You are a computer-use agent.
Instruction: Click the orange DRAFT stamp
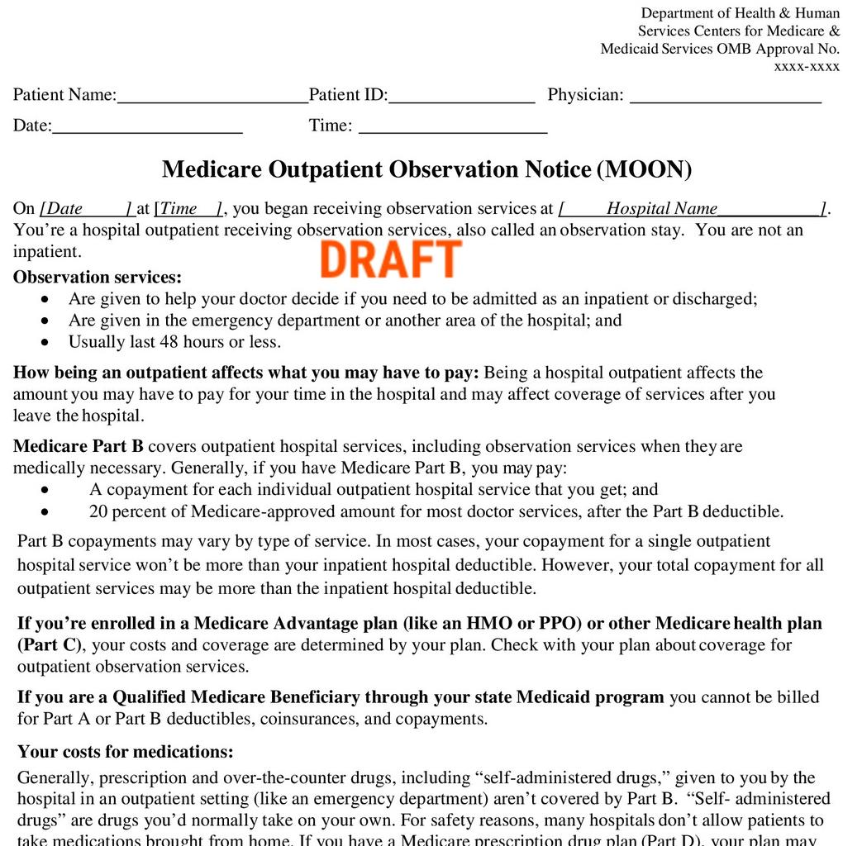coord(390,259)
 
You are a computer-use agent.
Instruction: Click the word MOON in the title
coord(644,169)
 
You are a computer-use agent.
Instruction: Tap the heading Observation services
coord(98,278)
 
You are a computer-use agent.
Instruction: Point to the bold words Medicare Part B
coord(79,447)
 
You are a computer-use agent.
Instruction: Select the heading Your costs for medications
coord(126,753)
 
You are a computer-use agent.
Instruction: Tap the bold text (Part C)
coord(51,645)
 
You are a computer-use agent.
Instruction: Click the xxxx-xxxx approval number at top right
coord(806,67)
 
